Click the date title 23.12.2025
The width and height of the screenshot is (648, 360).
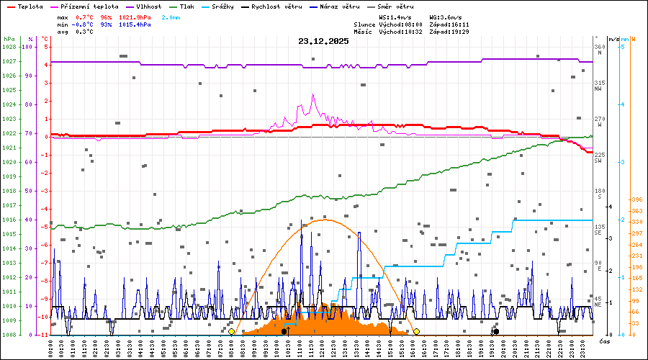(x=323, y=41)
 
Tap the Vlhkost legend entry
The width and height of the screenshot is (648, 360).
(x=149, y=6)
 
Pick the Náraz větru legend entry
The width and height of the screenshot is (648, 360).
(x=344, y=6)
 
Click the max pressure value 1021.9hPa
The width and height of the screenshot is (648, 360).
(x=135, y=17)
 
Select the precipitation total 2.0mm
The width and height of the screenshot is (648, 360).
(x=171, y=17)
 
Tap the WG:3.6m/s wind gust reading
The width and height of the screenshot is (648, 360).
(x=446, y=17)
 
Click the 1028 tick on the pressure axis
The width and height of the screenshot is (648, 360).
(x=9, y=47)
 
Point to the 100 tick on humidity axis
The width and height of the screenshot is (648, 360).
(x=29, y=47)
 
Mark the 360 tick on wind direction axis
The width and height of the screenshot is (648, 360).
(x=598, y=47)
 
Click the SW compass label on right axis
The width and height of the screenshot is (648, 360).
(x=598, y=161)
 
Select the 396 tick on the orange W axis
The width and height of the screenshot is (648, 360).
(x=636, y=199)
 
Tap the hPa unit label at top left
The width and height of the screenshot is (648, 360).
(x=9, y=39)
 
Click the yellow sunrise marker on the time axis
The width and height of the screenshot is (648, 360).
(x=231, y=331)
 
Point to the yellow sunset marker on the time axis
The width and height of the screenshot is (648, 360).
(x=416, y=331)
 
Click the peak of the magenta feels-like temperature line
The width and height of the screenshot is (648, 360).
(x=313, y=94)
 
